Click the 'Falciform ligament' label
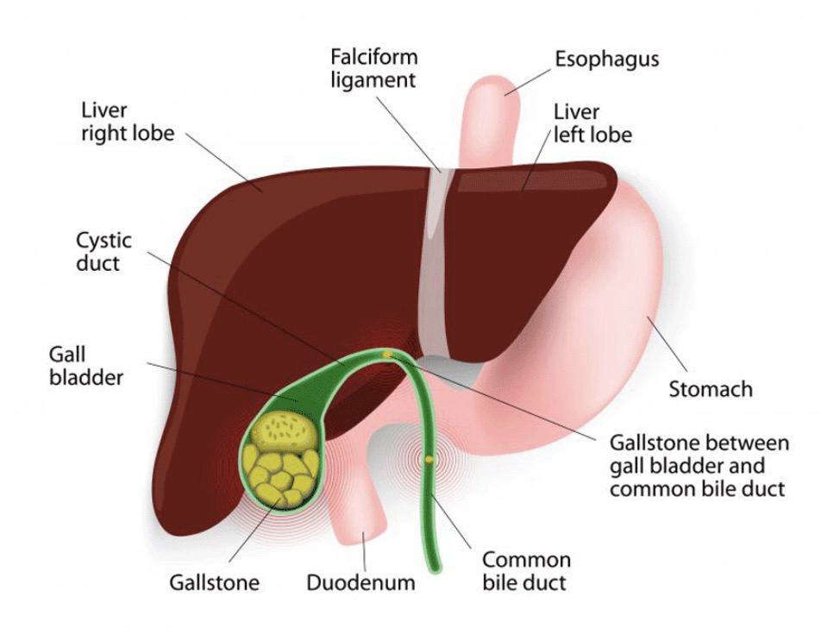pyautogui.click(x=373, y=68)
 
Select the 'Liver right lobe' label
pyautogui.click(x=127, y=122)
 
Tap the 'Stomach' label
pyautogui.click(x=711, y=389)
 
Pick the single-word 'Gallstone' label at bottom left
pyautogui.click(x=214, y=582)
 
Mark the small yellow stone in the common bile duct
pyautogui.click(x=429, y=459)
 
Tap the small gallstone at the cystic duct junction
pyautogui.click(x=388, y=354)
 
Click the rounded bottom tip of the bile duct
pyautogui.click(x=437, y=565)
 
